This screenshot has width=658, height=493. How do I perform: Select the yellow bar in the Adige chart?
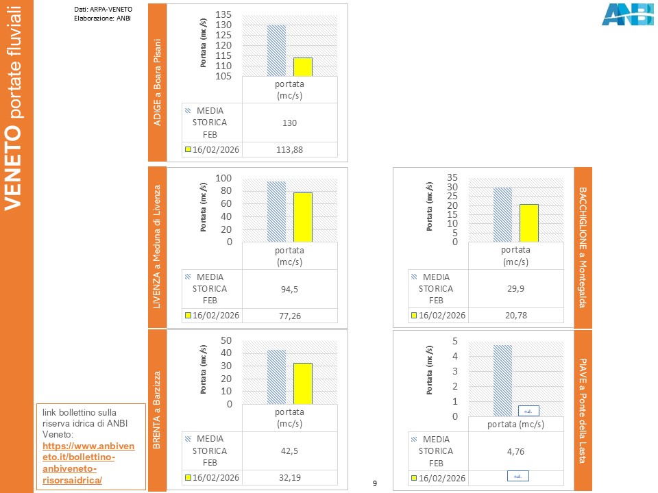302,67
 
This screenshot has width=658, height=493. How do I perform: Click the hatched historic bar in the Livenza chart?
276,211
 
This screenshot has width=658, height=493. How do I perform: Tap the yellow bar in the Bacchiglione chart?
528,223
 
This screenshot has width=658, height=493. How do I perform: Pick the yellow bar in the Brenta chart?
302,383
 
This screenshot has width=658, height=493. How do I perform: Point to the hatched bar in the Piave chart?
502,380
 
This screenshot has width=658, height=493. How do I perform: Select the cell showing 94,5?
290,289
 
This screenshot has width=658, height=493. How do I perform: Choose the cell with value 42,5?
290,451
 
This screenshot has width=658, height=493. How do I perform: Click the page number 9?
374,484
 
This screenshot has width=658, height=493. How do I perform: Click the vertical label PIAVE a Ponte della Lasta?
583,409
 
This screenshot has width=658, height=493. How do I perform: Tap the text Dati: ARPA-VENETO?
103,9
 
